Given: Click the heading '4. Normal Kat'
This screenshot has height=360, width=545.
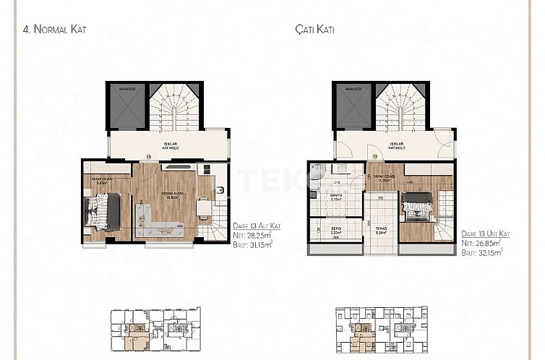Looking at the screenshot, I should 55,30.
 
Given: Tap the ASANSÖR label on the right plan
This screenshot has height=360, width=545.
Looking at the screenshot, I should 353,89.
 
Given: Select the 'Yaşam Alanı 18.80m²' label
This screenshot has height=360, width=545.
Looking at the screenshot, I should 172,195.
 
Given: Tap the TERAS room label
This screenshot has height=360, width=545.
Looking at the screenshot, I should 380,231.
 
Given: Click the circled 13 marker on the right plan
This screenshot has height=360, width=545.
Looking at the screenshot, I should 374,155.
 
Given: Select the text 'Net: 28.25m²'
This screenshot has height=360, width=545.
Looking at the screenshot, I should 252,235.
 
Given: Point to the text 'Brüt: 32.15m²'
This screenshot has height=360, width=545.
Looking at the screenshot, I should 482,254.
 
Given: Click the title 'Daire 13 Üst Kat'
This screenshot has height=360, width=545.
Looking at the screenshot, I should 484,234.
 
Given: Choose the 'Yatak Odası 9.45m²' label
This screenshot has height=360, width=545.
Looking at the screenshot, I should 100,181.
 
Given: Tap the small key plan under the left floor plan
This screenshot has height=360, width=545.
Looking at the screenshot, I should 154,330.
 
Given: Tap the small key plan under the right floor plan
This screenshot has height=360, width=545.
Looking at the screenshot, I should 381,331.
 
